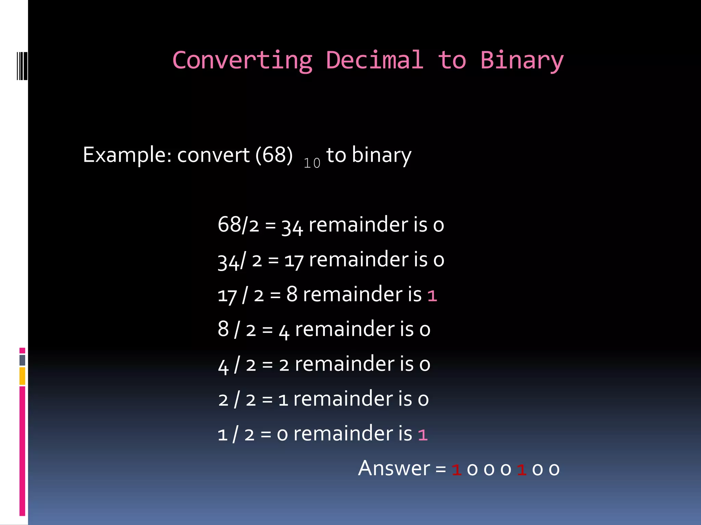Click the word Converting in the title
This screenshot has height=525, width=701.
pos(242,60)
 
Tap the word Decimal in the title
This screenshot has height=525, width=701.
pos(374,60)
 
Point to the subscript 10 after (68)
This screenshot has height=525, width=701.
pos(312,163)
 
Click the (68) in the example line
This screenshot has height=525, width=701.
pos(274,155)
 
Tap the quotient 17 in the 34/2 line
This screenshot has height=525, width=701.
pos(294,260)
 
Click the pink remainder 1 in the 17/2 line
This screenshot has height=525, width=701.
pos(432,296)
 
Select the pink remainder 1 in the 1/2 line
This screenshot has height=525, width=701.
pos(423,435)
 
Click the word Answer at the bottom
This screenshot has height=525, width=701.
pos(394,468)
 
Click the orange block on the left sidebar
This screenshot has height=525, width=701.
pos(22,376)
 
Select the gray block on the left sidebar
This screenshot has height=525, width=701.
pos(22,360)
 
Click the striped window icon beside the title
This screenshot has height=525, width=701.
pos(22,66)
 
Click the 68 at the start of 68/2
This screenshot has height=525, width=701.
pos(229,225)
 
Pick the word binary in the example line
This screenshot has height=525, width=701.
pos(381,155)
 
